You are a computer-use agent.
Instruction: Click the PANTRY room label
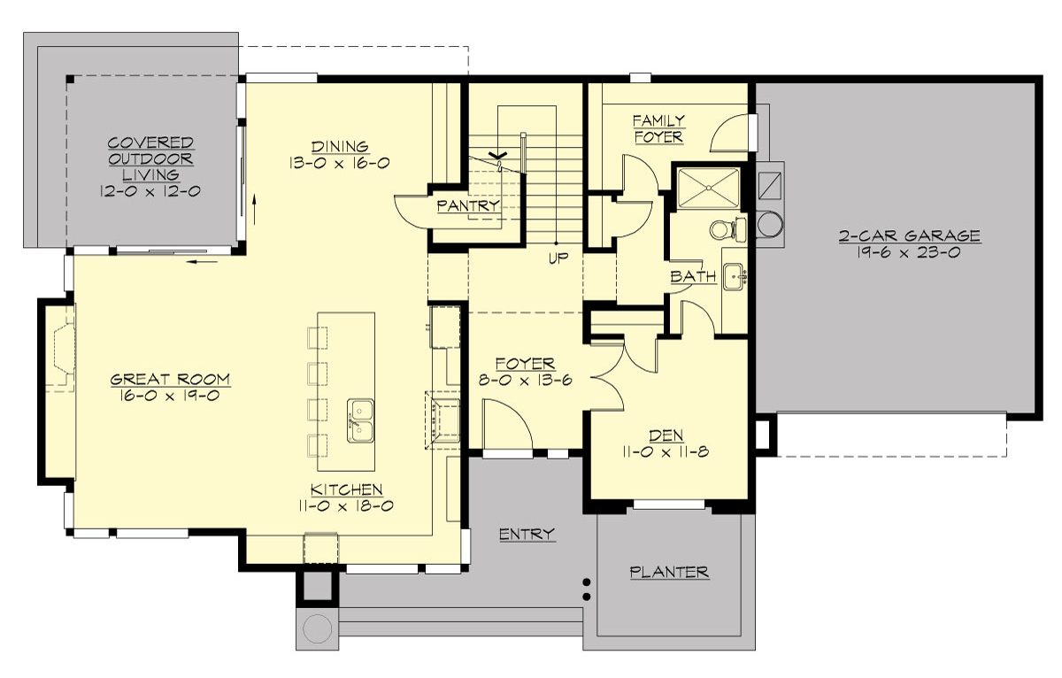click(468, 206)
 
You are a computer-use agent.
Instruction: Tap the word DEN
click(666, 435)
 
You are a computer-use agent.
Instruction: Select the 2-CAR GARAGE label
click(909, 235)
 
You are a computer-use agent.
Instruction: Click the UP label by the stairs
click(557, 258)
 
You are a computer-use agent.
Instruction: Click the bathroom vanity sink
click(734, 277)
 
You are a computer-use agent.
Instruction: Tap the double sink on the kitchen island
click(361, 420)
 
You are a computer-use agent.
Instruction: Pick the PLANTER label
click(669, 572)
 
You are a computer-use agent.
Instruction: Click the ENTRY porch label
click(527, 534)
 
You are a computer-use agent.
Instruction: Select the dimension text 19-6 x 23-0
click(909, 251)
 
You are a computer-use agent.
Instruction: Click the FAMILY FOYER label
click(658, 128)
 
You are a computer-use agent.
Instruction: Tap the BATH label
click(693, 277)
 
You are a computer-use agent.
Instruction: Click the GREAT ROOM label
click(170, 380)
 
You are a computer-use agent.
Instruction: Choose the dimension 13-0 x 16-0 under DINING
click(339, 163)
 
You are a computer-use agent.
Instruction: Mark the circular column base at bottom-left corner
click(316, 628)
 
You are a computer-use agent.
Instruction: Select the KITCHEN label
click(346, 489)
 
